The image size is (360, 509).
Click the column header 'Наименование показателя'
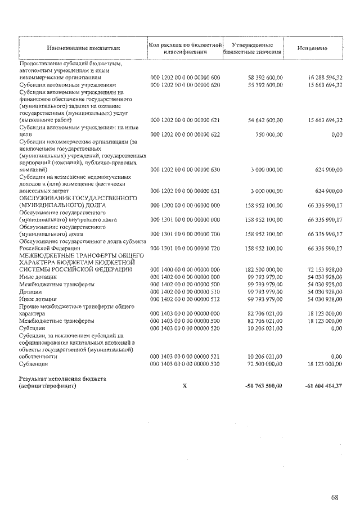tap(84, 49)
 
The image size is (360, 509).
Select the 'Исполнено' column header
tap(312, 49)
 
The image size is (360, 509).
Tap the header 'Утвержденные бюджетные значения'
tap(252, 48)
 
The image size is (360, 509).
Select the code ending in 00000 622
tap(185, 134)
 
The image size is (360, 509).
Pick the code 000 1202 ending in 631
tap(185, 191)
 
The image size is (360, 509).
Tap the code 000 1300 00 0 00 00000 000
tap(185, 205)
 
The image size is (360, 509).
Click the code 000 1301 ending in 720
tap(185, 247)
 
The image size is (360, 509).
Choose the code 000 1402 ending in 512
tap(185, 299)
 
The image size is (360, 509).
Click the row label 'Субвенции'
tap(34, 363)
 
